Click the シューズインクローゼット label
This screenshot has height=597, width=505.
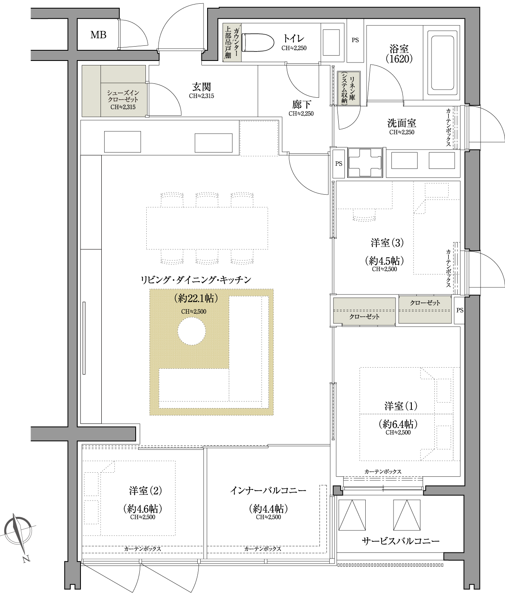coord(123,96)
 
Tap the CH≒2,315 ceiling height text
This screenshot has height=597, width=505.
coord(123,107)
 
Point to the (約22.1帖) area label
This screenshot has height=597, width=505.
coord(196,298)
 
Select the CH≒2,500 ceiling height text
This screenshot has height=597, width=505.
coord(194,312)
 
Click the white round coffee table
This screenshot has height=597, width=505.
coord(192,331)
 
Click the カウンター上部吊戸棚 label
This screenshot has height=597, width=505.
coord(232,43)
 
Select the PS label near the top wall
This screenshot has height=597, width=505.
coord(355,40)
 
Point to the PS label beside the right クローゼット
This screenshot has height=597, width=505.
coord(460,310)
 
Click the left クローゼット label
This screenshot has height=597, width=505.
coord(364,316)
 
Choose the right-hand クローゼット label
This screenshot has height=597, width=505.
coord(425,303)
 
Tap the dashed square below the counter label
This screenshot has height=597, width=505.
coord(259,138)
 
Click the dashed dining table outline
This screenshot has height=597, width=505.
coord(207,228)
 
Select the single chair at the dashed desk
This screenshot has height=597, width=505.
coord(364,215)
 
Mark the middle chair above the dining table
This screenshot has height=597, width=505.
coord(207,200)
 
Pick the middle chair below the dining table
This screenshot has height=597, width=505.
coord(207,257)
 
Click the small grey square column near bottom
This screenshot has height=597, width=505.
coord(337,490)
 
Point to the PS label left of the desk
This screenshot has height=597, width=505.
coord(338,164)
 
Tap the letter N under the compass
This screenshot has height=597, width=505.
coord(27,559)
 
